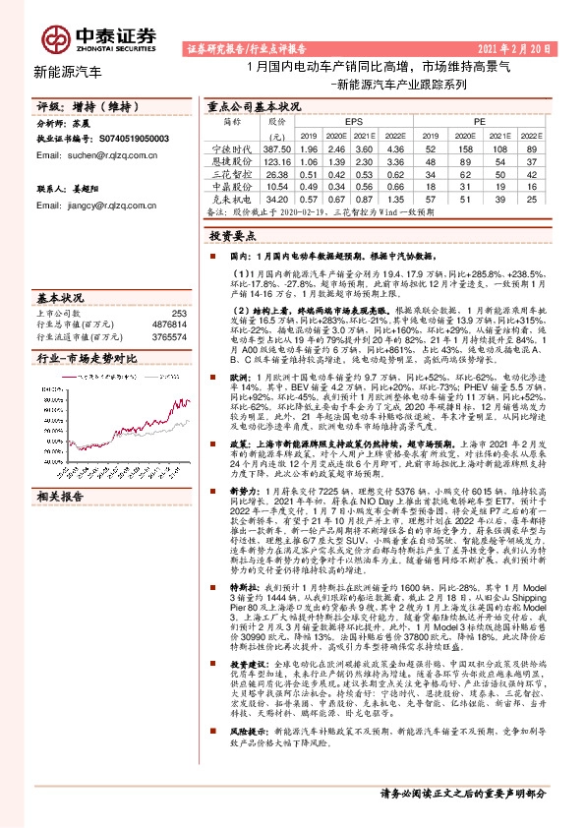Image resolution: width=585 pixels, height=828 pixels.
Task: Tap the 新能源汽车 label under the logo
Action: click(67, 72)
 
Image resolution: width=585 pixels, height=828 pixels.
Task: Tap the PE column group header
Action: click(479, 120)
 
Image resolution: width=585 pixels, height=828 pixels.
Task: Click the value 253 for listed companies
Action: click(177, 312)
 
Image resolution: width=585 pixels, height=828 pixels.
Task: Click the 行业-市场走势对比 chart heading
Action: click(79, 360)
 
